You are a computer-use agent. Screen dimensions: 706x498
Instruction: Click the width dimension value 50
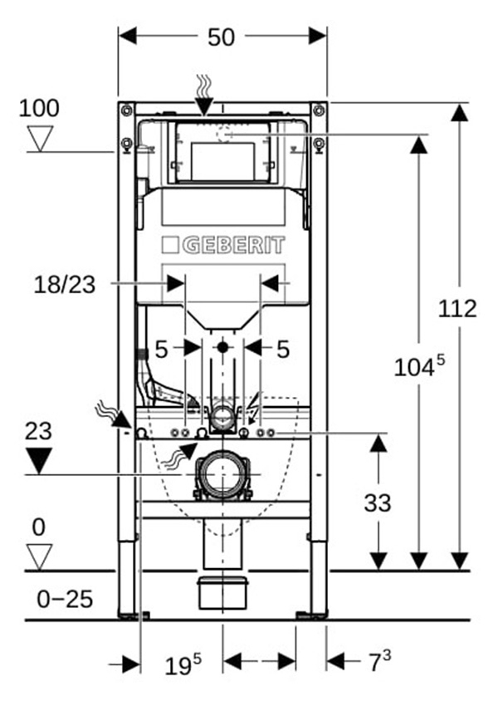click(222, 37)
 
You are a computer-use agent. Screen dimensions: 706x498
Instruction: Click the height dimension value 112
click(458, 308)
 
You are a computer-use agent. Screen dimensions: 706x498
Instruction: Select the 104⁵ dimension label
click(420, 366)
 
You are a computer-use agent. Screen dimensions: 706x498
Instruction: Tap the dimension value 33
click(378, 503)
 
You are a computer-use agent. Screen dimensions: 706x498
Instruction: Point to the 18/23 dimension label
click(65, 285)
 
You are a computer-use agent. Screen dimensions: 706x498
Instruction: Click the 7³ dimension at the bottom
click(379, 662)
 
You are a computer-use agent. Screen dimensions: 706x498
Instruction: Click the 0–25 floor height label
click(65, 598)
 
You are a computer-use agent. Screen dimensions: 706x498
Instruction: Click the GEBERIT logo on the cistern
click(222, 245)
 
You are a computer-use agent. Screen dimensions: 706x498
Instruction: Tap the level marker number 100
click(39, 108)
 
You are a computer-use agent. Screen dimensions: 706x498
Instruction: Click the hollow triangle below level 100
click(39, 138)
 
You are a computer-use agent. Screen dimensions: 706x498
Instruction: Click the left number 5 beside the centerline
click(161, 350)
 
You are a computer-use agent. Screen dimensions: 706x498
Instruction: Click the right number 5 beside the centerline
click(283, 350)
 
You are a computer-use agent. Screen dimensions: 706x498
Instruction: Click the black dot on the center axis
click(222, 347)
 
